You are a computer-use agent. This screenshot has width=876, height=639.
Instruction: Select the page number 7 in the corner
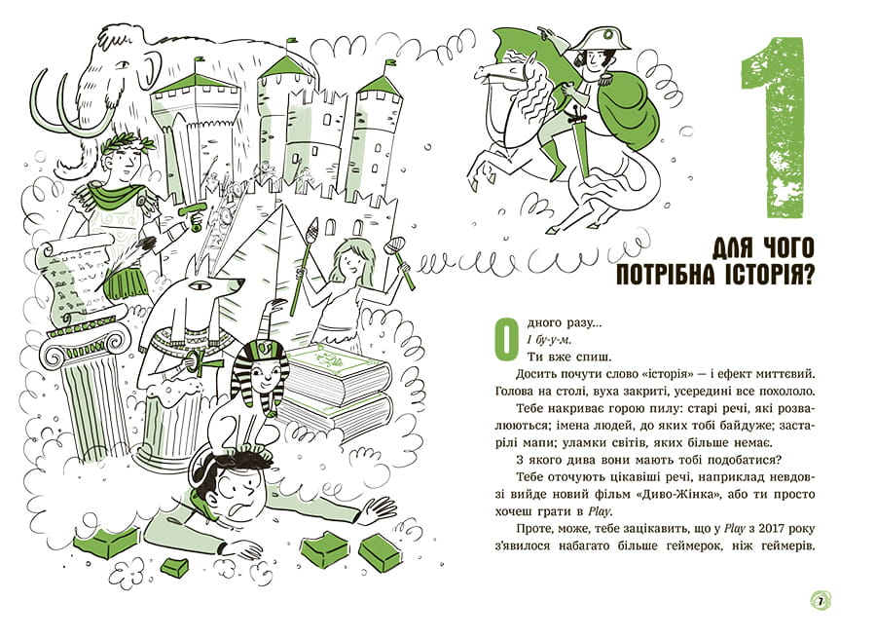(821, 601)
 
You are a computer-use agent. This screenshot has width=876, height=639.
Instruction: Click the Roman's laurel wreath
(128, 144)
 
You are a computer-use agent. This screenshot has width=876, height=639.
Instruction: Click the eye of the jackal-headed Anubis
(198, 285)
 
